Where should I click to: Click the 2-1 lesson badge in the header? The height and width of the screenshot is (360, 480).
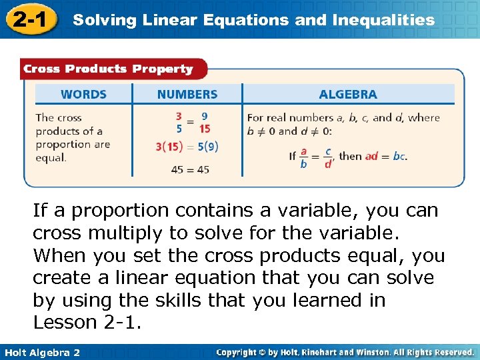point(30,19)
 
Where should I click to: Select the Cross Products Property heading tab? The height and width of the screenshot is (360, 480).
point(107,69)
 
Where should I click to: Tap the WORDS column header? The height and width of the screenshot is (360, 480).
point(83,95)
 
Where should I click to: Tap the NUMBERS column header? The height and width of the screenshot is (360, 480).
point(187,95)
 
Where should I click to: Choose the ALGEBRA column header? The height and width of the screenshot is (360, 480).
point(348,95)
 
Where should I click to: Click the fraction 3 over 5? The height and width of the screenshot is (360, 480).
point(179,123)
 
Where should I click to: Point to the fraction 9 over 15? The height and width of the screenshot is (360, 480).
point(204,123)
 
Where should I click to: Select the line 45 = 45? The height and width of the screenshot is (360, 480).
point(190,169)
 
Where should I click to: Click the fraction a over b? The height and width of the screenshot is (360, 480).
point(304,157)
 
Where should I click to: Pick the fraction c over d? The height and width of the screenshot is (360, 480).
point(328,157)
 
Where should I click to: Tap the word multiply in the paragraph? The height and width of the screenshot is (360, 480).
point(123,234)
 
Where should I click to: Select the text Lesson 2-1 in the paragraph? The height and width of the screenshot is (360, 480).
point(87,323)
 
